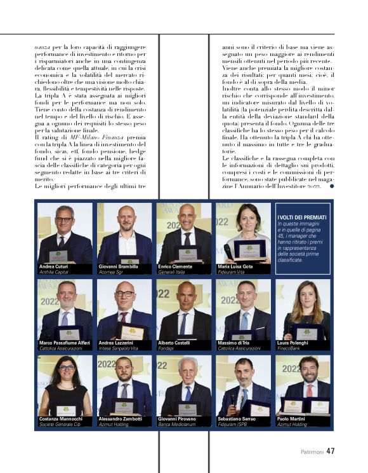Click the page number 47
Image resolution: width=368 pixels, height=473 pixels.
click(331, 451)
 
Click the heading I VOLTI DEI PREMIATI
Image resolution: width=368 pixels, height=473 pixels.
click(302, 217)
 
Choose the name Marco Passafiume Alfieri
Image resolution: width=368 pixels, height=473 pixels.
click(65, 343)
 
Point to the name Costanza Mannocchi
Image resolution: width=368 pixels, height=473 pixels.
click(61, 420)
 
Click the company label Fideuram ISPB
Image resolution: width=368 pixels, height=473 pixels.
click(234, 425)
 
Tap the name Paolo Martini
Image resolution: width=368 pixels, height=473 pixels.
click(292, 420)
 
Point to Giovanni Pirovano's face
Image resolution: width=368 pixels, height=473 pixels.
click(187, 367)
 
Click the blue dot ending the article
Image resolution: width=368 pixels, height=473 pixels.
click(331, 186)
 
